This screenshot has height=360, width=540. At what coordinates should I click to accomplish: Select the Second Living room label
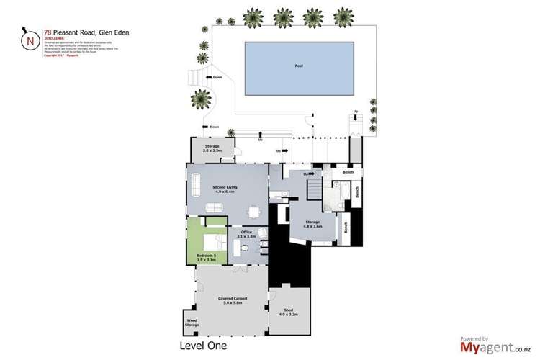click(225, 189)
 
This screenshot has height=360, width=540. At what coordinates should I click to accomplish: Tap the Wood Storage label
click(192, 323)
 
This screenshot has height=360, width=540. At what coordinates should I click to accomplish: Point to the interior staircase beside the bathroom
click(314, 190)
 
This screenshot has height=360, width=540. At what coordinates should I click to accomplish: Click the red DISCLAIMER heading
click(55, 39)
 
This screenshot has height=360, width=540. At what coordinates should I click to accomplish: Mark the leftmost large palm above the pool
click(253, 16)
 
